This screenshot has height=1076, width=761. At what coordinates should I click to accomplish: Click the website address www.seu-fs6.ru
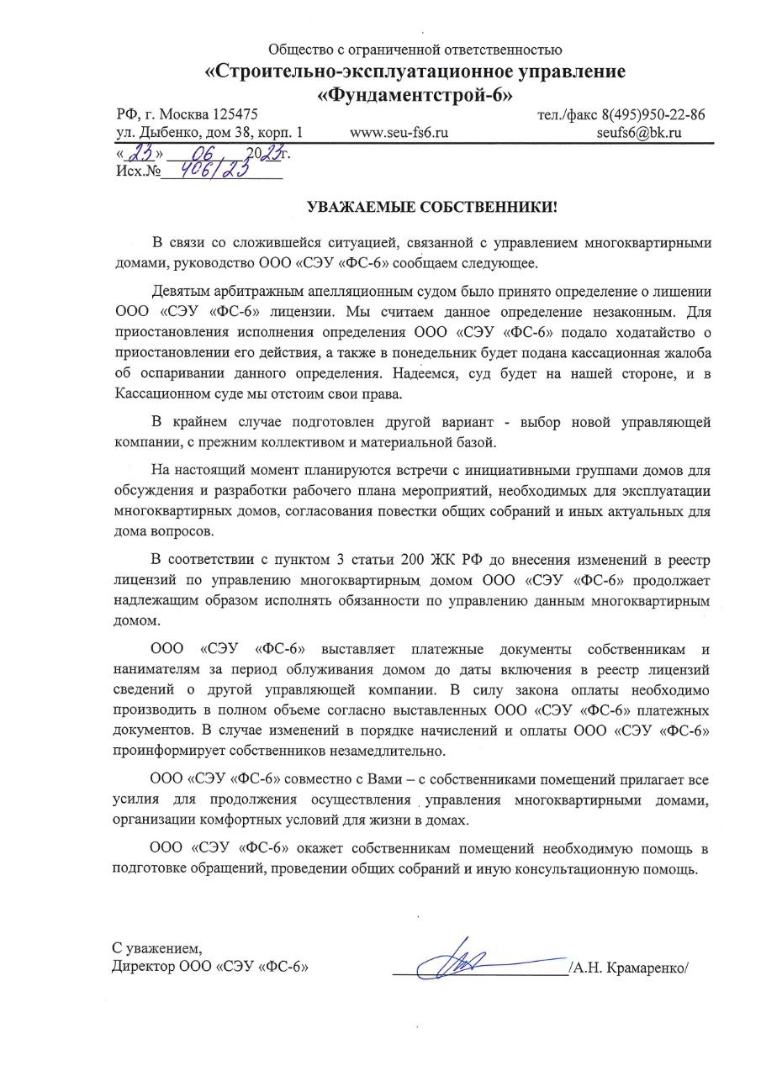[x=399, y=133]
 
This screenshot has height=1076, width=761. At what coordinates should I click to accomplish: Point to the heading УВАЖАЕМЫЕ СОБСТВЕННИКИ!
[x=431, y=206]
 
